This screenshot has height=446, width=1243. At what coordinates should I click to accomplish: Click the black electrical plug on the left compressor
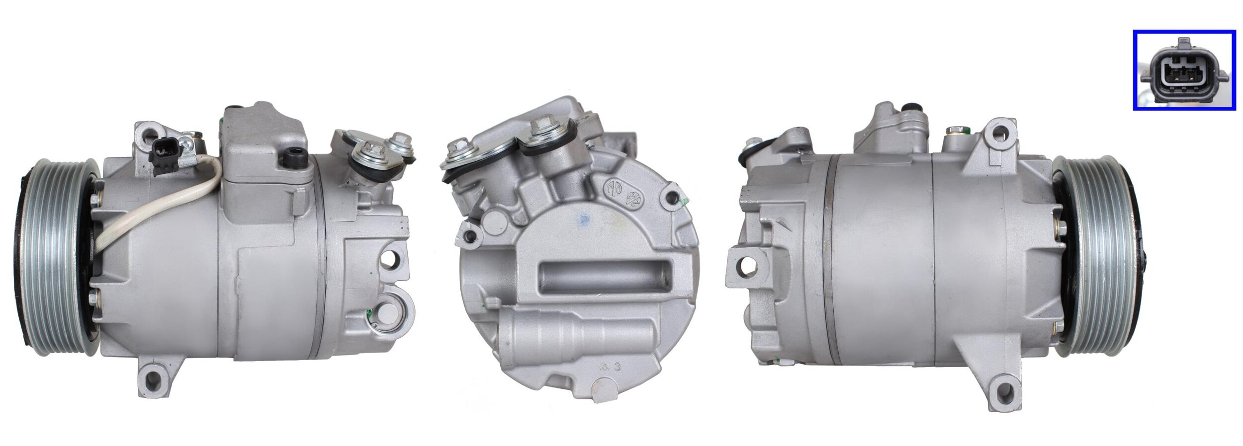point(163,157)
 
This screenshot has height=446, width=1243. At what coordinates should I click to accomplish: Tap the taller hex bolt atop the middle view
point(541,127)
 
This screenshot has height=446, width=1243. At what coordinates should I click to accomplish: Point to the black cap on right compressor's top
point(911,120)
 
